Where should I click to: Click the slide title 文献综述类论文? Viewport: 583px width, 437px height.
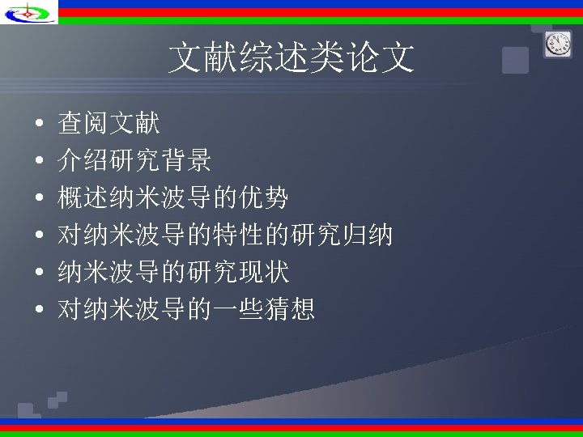pyautogui.click(x=291, y=58)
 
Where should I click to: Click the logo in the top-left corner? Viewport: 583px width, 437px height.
pyautogui.click(x=30, y=12)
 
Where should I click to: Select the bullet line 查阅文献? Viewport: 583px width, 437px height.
pyautogui.click(x=109, y=123)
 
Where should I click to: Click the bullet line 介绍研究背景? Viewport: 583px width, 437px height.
pyautogui.click(x=134, y=160)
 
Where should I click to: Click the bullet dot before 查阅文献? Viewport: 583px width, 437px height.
pyautogui.click(x=39, y=125)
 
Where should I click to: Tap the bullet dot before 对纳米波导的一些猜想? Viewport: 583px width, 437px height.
pyautogui.click(x=39, y=310)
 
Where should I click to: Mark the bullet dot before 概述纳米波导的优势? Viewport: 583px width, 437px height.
pyautogui.click(x=39, y=198)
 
